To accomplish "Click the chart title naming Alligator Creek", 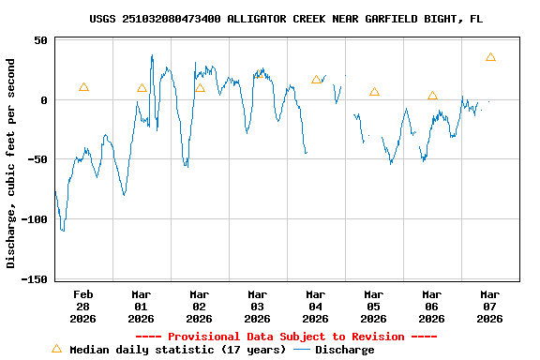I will tap(287, 19).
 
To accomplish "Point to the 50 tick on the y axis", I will tap(40, 40).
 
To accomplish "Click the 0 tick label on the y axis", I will tap(44, 100).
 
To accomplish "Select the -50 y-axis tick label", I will tap(37, 159).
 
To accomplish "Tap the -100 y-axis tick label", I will tap(35, 219).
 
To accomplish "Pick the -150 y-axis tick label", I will tap(35, 278).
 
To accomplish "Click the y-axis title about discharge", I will tap(11, 163).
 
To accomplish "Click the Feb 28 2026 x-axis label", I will tap(83, 306).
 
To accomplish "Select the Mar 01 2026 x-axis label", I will tap(142, 306).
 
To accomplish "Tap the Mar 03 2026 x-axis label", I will tap(257, 306).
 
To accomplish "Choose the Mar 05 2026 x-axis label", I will tap(373, 306).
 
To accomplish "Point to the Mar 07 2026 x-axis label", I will tap(489, 306).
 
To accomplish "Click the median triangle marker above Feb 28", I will tap(83, 87).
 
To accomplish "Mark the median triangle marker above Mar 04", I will tap(316, 80).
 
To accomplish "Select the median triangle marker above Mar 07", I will tap(490, 57).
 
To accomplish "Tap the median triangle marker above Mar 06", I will tap(432, 95).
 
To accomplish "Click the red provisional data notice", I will tap(286, 337).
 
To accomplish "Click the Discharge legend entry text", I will tap(344, 350).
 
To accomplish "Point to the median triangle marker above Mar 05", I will tap(374, 92).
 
